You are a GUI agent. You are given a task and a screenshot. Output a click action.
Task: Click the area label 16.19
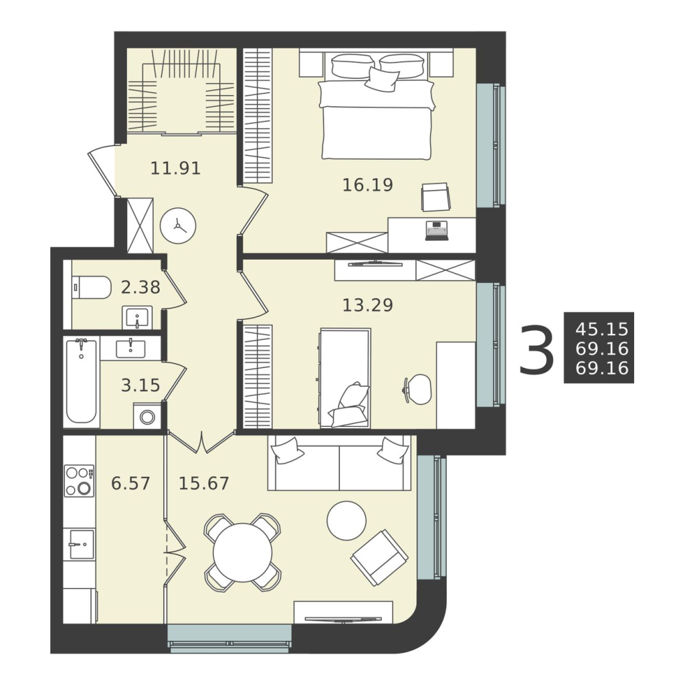click(367, 185)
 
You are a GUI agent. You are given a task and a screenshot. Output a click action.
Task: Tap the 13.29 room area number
click(367, 305)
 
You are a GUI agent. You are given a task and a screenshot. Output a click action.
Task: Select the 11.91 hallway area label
click(176, 168)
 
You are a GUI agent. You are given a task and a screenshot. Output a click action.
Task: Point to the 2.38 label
click(140, 287)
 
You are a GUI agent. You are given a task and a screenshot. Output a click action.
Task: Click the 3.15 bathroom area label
click(140, 385)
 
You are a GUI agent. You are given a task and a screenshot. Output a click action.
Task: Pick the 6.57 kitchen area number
click(130, 483)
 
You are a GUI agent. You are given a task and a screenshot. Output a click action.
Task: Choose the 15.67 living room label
click(204, 483)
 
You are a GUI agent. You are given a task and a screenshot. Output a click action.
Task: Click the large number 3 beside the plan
click(536, 349)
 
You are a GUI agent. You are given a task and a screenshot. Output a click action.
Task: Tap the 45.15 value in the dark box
click(602, 328)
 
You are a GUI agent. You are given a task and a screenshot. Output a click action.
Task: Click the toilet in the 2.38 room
click(90, 288)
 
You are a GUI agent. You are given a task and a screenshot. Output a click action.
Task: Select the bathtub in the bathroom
click(82, 381)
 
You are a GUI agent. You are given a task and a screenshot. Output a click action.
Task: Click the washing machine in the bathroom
click(147, 416)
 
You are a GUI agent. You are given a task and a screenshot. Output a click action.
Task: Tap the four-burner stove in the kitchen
click(79, 480)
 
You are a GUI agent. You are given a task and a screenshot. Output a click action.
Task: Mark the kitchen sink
click(82, 544)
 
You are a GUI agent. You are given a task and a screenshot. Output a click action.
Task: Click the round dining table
click(242, 553)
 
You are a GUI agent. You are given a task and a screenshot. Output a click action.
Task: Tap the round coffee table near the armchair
click(347, 520)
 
